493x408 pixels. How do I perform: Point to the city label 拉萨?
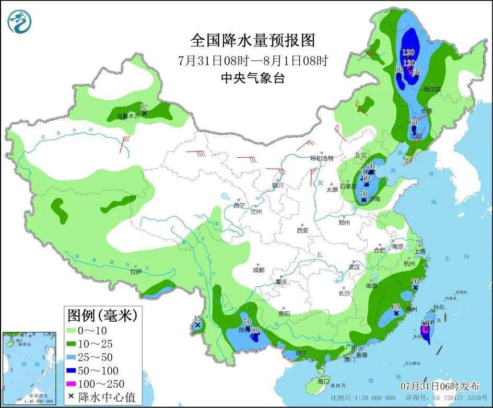pos(136,272)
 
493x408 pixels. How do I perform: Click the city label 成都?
pos(258,270)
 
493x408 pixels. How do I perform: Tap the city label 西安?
pos(303,230)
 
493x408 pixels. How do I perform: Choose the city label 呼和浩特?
pos(322,158)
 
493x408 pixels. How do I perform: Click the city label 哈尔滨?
pos(432,90)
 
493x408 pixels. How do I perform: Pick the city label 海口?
pos(323,381)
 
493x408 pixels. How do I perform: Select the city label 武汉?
pos(355,267)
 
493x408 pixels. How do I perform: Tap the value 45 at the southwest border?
pos(197,319)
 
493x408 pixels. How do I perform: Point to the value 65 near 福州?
pos(396,307)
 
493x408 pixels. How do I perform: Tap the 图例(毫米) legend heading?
pos(102,315)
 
